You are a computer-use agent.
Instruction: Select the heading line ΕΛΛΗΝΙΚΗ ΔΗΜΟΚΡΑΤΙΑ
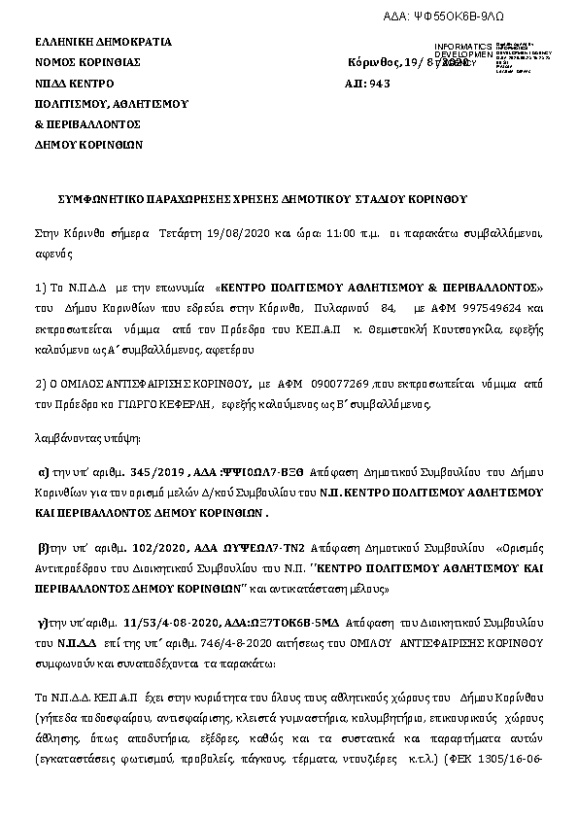point(103,42)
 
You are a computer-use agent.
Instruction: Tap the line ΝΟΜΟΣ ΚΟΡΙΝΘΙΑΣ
point(88,62)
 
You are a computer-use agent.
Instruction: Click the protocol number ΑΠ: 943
point(367,84)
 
